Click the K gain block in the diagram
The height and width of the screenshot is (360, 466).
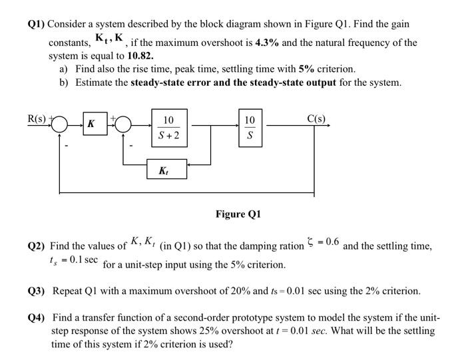pos(91,124)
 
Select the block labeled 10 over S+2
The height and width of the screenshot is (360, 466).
pos(169,128)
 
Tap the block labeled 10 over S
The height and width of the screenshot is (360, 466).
pos(249,128)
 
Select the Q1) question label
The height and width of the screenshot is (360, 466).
pos(37,24)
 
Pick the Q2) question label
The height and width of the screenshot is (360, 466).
pos(37,246)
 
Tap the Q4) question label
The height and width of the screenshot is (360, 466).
pos(37,317)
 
